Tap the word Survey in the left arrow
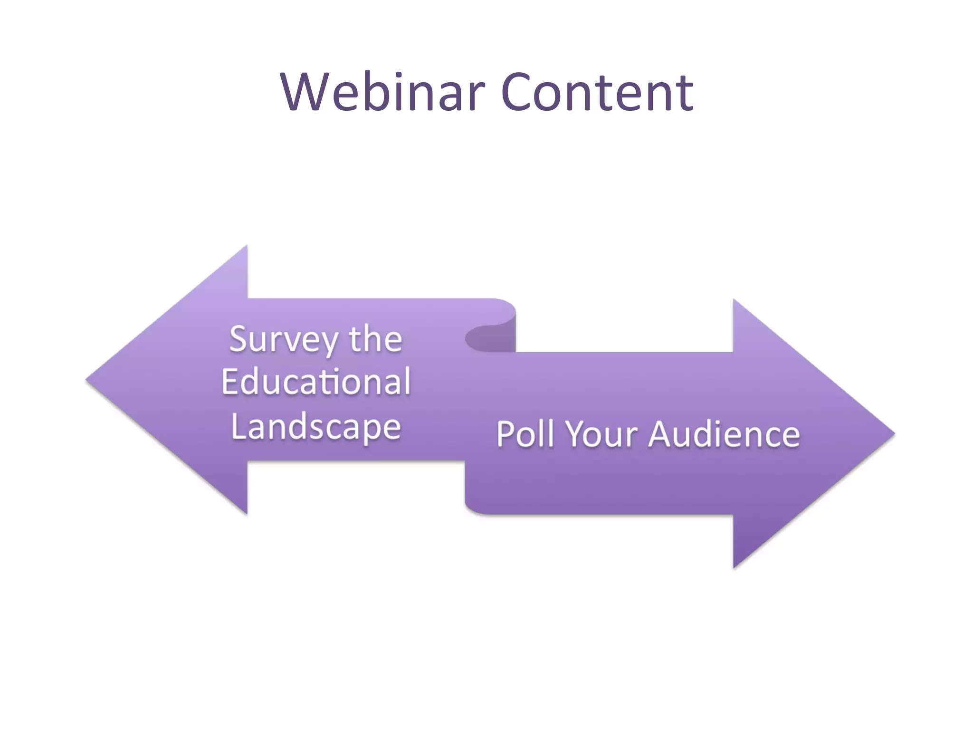(x=284, y=340)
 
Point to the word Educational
(x=316, y=382)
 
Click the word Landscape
(x=316, y=427)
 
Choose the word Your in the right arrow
(x=601, y=434)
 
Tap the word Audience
(x=724, y=434)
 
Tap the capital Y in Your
(x=577, y=433)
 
